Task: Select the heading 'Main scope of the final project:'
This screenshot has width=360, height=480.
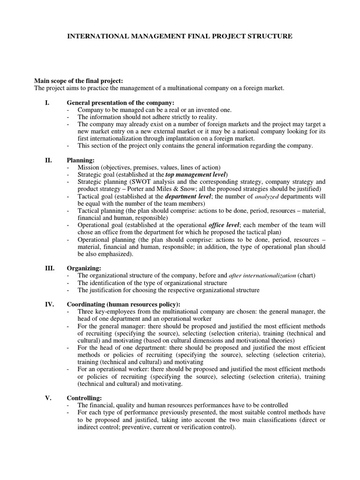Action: [x=79, y=81]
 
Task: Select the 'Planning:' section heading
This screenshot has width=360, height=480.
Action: [x=81, y=160]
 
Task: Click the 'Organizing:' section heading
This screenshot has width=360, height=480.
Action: [x=84, y=268]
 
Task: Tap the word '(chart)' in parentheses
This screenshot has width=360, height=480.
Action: [x=305, y=276]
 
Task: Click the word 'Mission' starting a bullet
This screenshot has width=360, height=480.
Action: [x=89, y=167]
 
